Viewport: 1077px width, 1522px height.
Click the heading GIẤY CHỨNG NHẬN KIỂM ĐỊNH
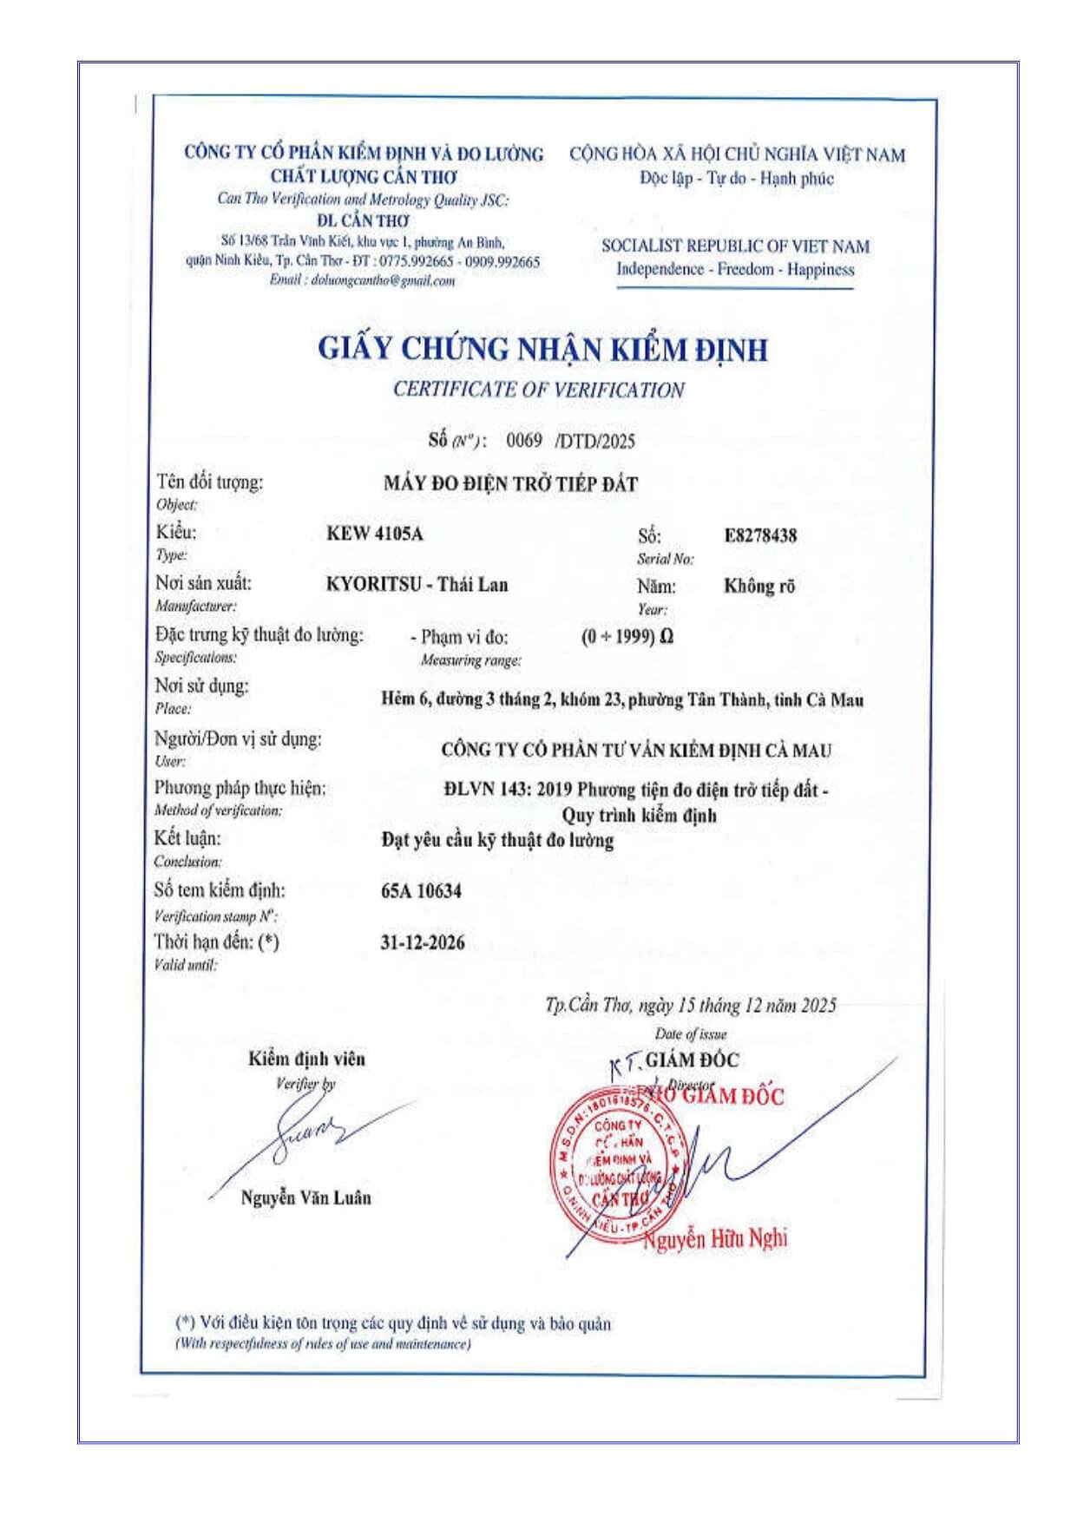tap(542, 349)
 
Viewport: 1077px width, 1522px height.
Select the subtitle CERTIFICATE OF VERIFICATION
tap(538, 390)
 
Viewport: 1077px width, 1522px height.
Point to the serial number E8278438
tap(760, 535)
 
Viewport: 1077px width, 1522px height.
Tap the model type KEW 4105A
tap(375, 534)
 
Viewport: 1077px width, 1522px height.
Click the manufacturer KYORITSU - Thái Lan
tap(417, 584)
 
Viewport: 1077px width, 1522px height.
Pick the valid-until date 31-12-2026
tap(422, 942)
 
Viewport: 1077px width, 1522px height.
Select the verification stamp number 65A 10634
tap(421, 891)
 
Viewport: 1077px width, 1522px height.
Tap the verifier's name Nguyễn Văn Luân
tap(305, 1197)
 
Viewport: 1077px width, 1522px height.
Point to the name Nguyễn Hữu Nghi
tap(715, 1238)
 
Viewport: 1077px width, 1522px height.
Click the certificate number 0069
tap(524, 441)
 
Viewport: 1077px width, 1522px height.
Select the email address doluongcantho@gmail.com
tap(382, 281)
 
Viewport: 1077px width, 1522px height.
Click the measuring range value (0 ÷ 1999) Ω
tap(627, 637)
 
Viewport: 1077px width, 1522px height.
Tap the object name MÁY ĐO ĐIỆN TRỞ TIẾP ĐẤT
tap(510, 484)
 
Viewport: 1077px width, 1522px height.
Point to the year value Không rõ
tap(759, 586)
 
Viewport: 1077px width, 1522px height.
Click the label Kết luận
tap(187, 839)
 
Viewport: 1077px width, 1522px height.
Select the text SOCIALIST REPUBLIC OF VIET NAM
tap(735, 246)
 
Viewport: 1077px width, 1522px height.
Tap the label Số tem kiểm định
tap(220, 890)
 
